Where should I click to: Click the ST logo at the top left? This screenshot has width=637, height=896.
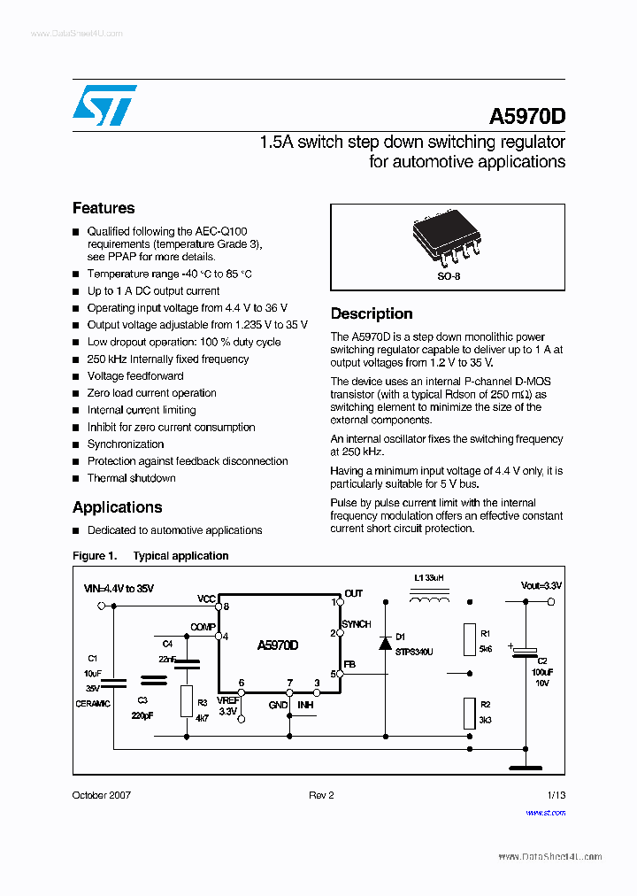[x=104, y=105]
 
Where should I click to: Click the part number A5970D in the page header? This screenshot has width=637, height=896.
[x=526, y=117]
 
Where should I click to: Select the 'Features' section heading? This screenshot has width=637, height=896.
[x=104, y=208]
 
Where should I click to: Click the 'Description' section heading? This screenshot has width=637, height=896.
[x=372, y=313]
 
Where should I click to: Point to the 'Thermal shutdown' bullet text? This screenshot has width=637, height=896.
[x=131, y=478]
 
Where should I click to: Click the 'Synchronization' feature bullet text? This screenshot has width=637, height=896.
[x=126, y=444]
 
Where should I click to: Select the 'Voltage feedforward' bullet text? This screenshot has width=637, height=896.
[x=135, y=376]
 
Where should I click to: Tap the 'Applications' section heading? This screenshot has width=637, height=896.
[x=117, y=507]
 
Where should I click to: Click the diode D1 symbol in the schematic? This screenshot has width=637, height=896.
[x=386, y=642]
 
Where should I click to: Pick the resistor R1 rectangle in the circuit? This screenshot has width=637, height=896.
[x=469, y=639]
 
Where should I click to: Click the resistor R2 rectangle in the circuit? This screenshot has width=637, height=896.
[x=469, y=712]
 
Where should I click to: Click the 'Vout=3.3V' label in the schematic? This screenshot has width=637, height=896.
[x=541, y=586]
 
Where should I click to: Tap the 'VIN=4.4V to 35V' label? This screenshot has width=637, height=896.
[x=119, y=588]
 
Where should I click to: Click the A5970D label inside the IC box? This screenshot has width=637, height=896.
[x=278, y=645]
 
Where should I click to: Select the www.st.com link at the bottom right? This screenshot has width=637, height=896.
[x=545, y=812]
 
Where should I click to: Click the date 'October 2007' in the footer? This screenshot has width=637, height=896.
[x=101, y=795]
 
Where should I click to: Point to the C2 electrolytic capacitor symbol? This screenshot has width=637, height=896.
[x=525, y=653]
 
